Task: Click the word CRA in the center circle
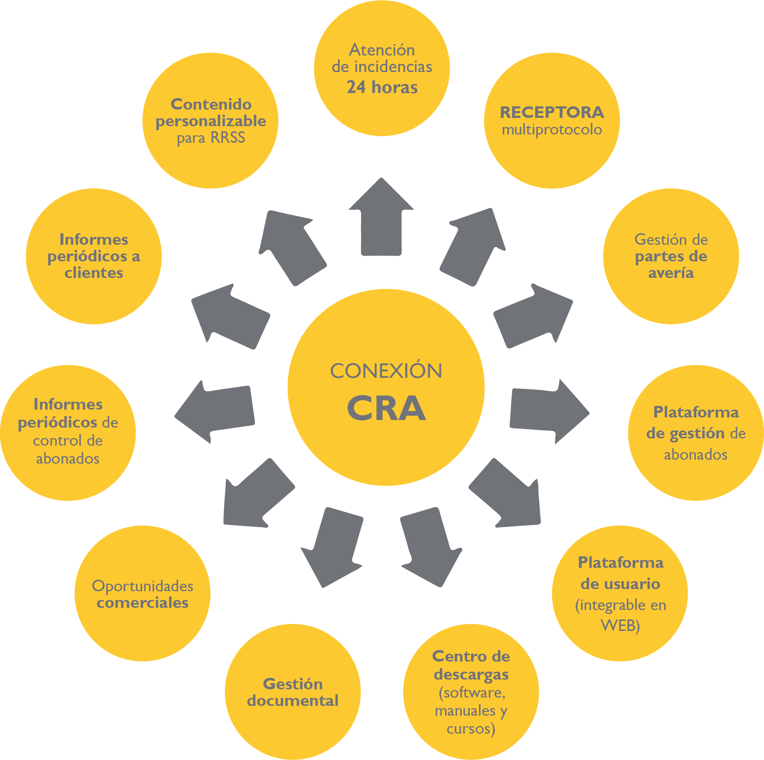(386, 408)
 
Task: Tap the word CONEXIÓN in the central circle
(386, 371)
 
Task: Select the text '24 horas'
(382, 87)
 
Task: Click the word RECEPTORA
(552, 112)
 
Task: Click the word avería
(671, 273)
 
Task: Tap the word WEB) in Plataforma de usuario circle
(620, 625)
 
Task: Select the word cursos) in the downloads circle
(471, 728)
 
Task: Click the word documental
(293, 701)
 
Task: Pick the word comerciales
(142, 603)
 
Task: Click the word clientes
(94, 273)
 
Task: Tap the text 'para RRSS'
(211, 137)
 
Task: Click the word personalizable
(211, 121)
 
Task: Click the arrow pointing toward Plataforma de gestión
(548, 411)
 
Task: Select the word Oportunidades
(142, 586)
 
